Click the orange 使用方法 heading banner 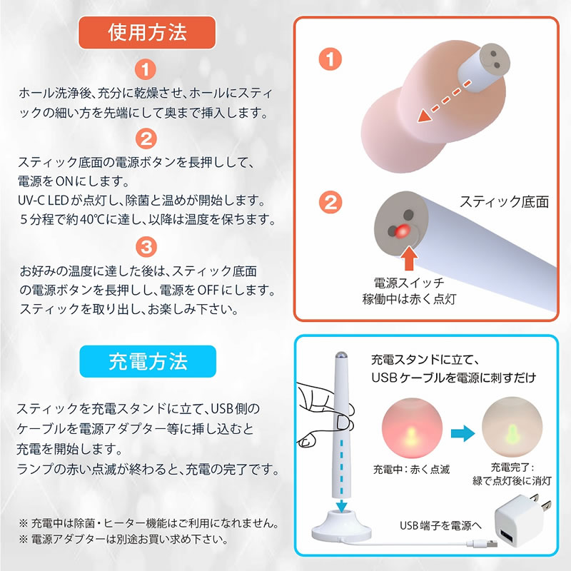point(147,32)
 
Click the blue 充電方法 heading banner point(148,361)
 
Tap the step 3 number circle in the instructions point(146,247)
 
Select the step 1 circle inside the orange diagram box point(330,59)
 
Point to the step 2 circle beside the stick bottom point(330,203)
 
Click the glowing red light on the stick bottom point(402,231)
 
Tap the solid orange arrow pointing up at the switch point(409,258)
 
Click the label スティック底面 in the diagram point(504,201)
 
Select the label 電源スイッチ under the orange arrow point(409,283)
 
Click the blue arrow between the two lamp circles point(463,433)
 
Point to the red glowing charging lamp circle point(412,428)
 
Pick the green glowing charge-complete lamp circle point(512,427)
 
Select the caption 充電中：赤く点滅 point(412,470)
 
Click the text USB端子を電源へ point(440,525)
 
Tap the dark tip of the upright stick point(340,355)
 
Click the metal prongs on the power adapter point(540,502)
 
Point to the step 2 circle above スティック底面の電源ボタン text point(146,138)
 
